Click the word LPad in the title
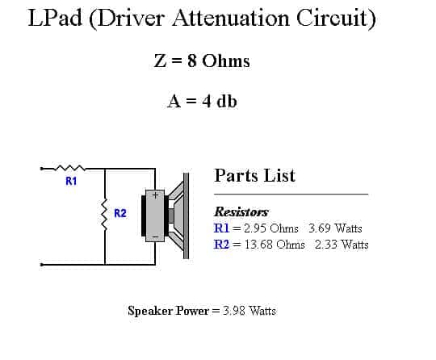coord(55,18)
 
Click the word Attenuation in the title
coord(231,18)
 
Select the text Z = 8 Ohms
coord(202,61)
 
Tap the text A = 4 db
coord(202,101)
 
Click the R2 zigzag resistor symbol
coord(104,214)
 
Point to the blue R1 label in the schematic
coord(71,181)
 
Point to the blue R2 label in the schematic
coord(120,213)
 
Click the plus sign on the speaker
coord(155,195)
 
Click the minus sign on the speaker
coord(156,237)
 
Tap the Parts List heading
coord(254,176)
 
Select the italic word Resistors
coord(241,211)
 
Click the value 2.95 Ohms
coord(271,228)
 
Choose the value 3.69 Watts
coord(335,228)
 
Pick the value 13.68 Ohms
coord(275,245)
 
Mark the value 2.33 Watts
coord(342,245)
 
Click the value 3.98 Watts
coord(249,311)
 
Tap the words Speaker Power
coord(168,311)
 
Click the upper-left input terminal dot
coord(41,169)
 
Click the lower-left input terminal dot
coord(41,265)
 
